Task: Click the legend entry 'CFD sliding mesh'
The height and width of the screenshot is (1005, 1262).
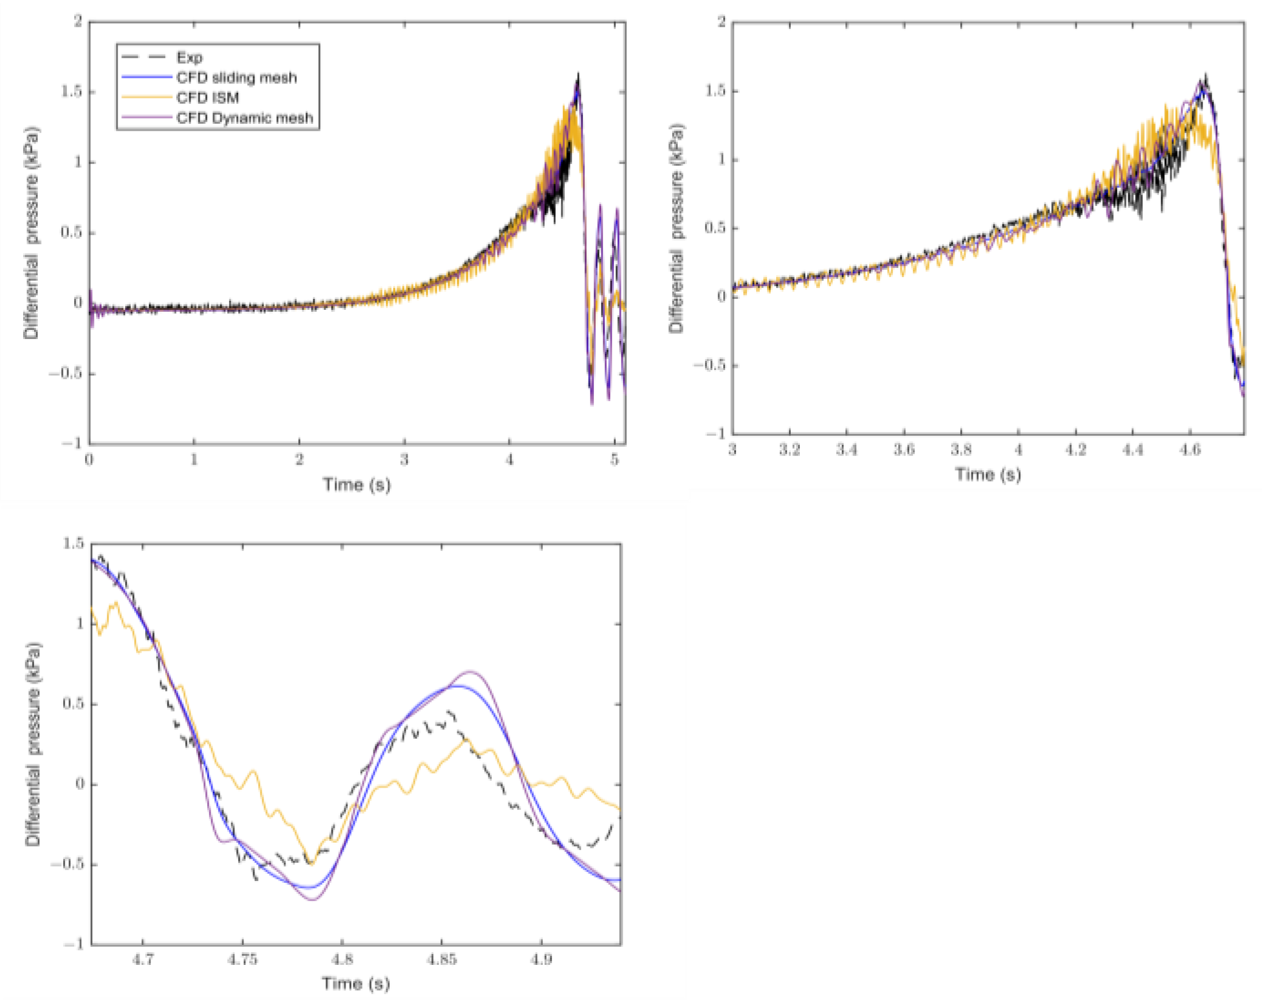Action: [x=236, y=78]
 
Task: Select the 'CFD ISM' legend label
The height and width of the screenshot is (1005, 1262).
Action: [x=207, y=98]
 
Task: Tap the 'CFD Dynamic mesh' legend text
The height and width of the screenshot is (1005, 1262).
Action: [x=244, y=118]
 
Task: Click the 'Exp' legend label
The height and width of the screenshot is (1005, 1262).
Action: [x=189, y=58]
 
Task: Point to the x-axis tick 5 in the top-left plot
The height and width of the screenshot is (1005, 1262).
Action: [x=615, y=460]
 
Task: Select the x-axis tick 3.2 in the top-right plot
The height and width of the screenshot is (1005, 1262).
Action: [x=789, y=450]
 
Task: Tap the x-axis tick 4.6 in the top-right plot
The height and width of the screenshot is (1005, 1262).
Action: [x=1189, y=450]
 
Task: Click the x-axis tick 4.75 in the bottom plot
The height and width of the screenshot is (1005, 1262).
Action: [x=242, y=960]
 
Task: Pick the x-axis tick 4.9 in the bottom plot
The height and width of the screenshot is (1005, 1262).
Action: [x=541, y=960]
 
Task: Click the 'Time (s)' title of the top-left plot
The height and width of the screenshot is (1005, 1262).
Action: [x=356, y=485]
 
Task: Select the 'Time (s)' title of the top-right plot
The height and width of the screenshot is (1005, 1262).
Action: [x=988, y=475]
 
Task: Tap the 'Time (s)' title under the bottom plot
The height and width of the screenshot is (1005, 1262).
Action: [x=356, y=984]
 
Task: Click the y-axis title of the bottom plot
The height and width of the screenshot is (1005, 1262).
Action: [x=33, y=744]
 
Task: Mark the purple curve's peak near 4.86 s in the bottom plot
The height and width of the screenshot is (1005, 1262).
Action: [x=469, y=671]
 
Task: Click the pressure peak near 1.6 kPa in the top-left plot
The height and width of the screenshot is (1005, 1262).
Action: [x=578, y=76]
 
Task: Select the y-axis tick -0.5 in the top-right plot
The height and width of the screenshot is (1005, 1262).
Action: [x=709, y=365]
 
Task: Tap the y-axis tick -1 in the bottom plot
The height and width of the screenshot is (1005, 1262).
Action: [x=73, y=944]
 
